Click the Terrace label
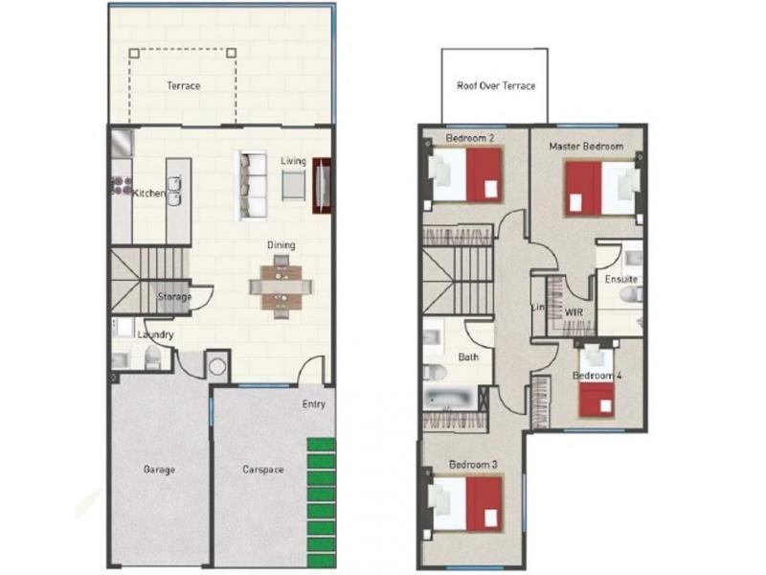tap(183, 86)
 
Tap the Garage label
tap(159, 470)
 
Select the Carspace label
tap(262, 470)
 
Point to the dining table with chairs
tap(281, 286)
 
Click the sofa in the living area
tap(254, 185)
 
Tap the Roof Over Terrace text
tap(495, 86)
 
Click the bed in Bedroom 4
tap(597, 391)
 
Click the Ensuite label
tap(620, 280)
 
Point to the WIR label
tap(574, 312)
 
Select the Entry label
tap(314, 404)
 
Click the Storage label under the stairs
tap(174, 297)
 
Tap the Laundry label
tap(155, 334)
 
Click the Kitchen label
tap(148, 194)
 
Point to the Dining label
tap(282, 245)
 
